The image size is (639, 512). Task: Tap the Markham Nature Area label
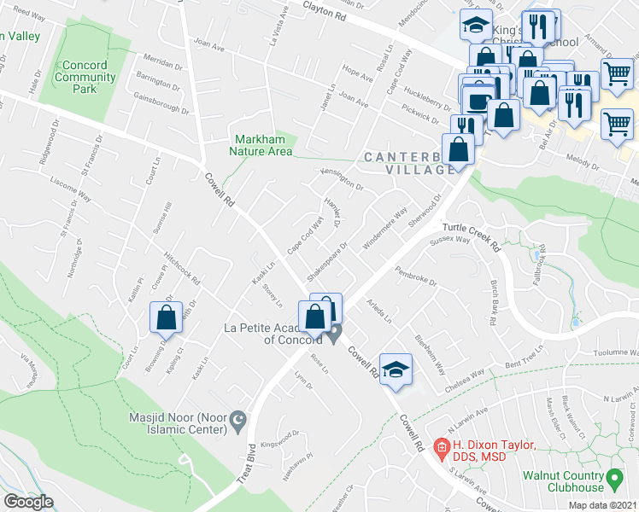(x=261, y=145)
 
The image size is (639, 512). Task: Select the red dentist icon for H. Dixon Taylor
(x=441, y=445)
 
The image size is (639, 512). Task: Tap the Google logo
(x=27, y=502)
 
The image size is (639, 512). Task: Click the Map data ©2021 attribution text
(x=603, y=505)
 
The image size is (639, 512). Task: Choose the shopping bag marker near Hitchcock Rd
(x=166, y=317)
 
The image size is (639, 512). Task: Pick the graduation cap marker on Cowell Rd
(x=395, y=369)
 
